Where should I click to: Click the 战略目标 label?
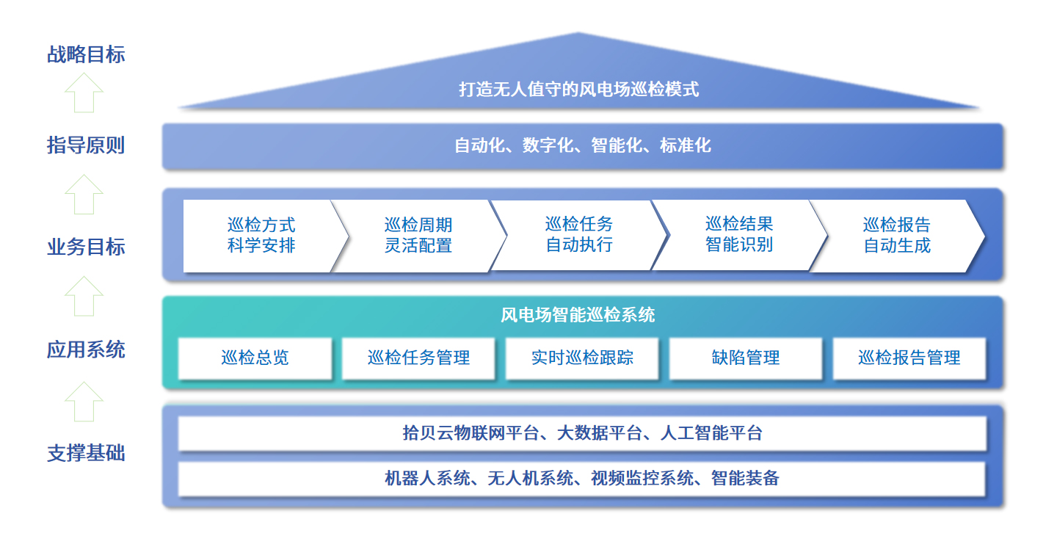86,55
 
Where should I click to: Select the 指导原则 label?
86,145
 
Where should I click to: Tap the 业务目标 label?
86,247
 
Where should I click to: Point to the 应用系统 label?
86,350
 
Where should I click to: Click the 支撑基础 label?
86,454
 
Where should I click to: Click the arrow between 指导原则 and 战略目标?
84,93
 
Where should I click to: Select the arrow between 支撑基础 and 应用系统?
84,402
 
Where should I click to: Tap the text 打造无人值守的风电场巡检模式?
578,90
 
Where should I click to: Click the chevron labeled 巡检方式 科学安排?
261,236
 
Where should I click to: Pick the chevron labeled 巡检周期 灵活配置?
418,236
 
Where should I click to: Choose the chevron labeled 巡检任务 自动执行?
578,235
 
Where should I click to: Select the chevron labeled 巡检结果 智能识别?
738,235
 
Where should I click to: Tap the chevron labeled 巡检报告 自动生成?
896,236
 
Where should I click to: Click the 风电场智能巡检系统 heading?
578,316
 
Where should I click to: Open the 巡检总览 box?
255,358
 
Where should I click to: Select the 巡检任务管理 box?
418,358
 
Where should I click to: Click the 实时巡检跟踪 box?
582,358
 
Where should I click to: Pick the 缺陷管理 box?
746,358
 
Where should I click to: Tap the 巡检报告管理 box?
909,358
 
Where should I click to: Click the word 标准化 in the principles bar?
685,145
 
